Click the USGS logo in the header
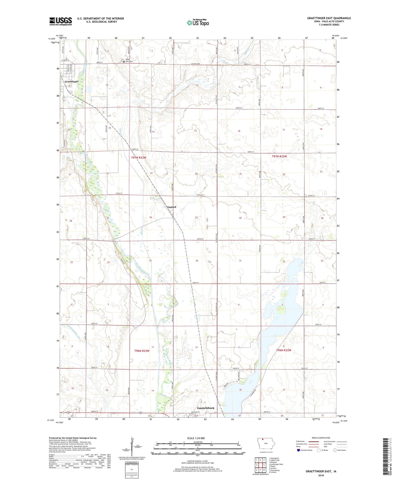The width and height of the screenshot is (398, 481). coord(61,21)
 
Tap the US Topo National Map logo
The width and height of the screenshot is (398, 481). coord(198,22)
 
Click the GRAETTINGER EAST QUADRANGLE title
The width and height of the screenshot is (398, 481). coord(329,18)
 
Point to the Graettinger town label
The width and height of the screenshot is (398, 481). coord(71,82)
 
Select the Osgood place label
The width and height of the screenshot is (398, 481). coord(171,207)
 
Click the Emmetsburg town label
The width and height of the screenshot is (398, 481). coord(205,408)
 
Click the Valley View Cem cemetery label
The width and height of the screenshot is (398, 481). coord(128,61)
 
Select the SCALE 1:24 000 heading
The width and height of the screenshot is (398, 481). coord(196,438)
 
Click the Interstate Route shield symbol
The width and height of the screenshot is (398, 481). coord(299,450)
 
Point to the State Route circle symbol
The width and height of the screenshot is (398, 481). coord(335,450)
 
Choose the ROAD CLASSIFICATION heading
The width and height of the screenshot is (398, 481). coord(321,438)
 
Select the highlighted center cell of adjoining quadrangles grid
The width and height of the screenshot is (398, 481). coord(260,465)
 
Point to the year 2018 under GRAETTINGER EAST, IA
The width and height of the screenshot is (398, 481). coord(321,475)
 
